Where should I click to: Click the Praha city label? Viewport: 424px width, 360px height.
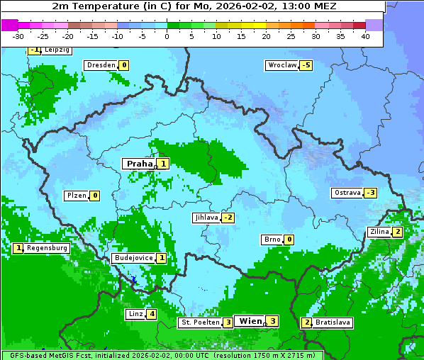coord(139,164)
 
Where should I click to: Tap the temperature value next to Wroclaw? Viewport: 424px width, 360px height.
coord(306,65)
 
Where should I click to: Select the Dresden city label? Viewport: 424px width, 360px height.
coord(101,65)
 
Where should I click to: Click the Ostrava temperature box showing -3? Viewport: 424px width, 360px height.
coord(370,193)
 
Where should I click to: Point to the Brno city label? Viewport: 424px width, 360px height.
coord(272,240)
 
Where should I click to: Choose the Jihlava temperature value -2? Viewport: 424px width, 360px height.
coord(228,218)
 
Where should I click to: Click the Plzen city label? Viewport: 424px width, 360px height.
coord(76,196)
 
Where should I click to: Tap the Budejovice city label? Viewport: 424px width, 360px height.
coord(133,258)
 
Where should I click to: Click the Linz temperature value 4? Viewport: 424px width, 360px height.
coord(152,314)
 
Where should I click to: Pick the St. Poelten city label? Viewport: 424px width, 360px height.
coord(199,322)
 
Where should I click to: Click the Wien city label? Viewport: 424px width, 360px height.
coord(250,321)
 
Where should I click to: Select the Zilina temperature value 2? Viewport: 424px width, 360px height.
coord(398,232)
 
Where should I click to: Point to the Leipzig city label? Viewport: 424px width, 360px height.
coord(57,50)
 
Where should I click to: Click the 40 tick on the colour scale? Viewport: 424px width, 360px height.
coord(365,36)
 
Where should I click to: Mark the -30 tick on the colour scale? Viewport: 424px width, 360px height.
coord(18,36)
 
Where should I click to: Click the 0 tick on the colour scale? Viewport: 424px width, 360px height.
coord(167,36)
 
